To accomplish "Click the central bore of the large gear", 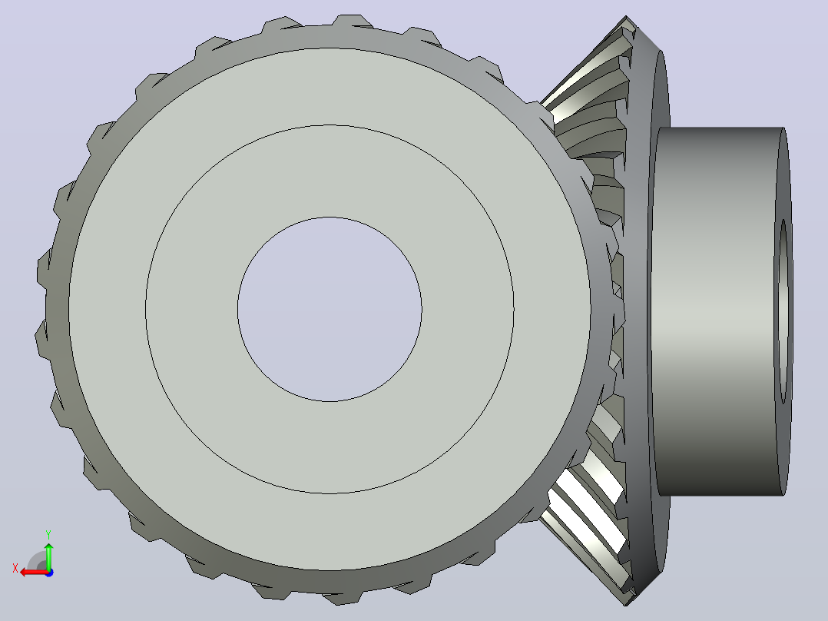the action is tap(330, 309).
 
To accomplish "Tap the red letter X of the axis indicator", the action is tap(15, 569).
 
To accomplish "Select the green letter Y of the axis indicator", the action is tap(48, 534).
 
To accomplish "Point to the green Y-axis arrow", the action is tap(49, 556).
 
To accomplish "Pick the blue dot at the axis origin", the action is tap(49, 573).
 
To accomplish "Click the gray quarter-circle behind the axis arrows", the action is tap(37, 561).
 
